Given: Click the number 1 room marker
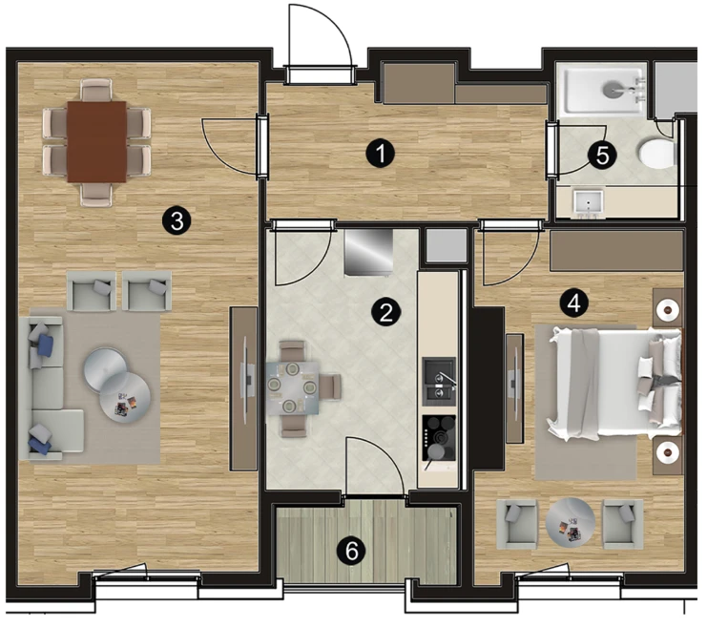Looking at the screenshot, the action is (x=380, y=154).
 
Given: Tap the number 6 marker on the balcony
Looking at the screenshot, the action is (x=352, y=551).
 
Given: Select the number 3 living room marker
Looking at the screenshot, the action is (x=177, y=221).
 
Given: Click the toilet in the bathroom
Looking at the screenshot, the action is (x=657, y=154).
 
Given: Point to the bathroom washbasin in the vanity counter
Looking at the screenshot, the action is (x=589, y=201).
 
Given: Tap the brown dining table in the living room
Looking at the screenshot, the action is (x=96, y=141).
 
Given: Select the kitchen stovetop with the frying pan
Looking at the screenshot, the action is (x=439, y=438).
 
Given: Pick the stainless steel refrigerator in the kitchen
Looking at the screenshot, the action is (x=368, y=252).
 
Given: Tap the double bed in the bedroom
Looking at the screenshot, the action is (x=614, y=384).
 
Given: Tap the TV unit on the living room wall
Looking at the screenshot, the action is (x=244, y=388).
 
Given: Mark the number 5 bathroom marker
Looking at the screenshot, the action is (x=602, y=156).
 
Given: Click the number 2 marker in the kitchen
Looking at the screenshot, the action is (x=385, y=312).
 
